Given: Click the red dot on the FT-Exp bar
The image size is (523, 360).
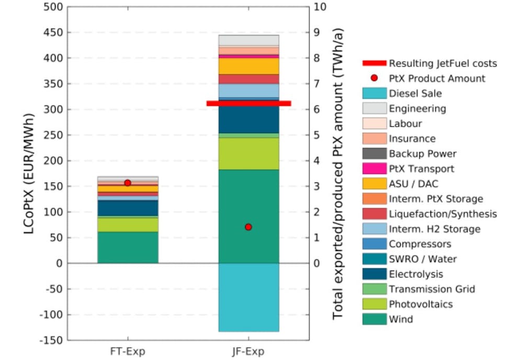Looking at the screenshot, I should [128, 183].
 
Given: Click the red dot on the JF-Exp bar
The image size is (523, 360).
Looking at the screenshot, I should [248, 227].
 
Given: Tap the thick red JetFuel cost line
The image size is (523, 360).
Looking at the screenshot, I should [248, 104].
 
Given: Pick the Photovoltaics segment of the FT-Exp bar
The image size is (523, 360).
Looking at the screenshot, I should [128, 224].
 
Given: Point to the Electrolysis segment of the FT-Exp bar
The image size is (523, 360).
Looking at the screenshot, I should [128, 208].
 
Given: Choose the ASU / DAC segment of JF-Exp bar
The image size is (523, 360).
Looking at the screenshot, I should [248, 66].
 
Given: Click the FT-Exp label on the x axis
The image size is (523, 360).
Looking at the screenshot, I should [128, 350].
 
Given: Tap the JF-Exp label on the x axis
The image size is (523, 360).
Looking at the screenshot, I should [248, 350].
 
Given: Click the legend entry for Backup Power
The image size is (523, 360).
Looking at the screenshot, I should [423, 154].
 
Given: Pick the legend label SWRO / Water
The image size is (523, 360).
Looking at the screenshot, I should [423, 259].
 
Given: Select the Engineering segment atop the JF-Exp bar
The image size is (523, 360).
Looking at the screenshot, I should [248, 40].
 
